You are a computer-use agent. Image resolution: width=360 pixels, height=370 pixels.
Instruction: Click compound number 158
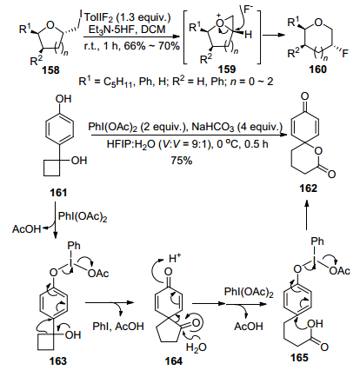(51, 70)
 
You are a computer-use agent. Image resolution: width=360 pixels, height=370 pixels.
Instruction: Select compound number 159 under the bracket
(227, 69)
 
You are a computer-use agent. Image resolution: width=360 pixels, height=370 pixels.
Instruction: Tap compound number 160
(318, 69)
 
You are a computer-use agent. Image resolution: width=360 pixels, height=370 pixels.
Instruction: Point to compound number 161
(58, 193)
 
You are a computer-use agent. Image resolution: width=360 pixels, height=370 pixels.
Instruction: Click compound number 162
(309, 188)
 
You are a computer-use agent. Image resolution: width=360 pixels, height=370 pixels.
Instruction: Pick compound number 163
(58, 361)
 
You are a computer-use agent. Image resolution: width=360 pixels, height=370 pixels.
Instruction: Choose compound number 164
(174, 361)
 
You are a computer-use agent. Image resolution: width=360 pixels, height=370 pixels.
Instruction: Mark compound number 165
(299, 358)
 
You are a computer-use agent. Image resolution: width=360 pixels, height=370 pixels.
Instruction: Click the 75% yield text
(182, 161)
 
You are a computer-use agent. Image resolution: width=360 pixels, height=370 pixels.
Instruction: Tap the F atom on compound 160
(345, 54)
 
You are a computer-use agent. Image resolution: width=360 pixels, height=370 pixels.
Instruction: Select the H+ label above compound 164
(175, 258)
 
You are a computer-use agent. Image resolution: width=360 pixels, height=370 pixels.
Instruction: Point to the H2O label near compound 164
(196, 347)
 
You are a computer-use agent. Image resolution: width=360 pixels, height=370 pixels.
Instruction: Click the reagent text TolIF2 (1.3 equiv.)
(128, 17)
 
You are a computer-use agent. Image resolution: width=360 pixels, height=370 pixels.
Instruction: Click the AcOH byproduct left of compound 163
(26, 229)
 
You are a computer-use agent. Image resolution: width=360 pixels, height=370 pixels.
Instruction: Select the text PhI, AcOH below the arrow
(118, 327)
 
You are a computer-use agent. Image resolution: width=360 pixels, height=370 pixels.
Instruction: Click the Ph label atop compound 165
(317, 241)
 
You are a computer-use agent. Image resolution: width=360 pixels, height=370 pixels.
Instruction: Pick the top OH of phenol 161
(63, 99)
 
